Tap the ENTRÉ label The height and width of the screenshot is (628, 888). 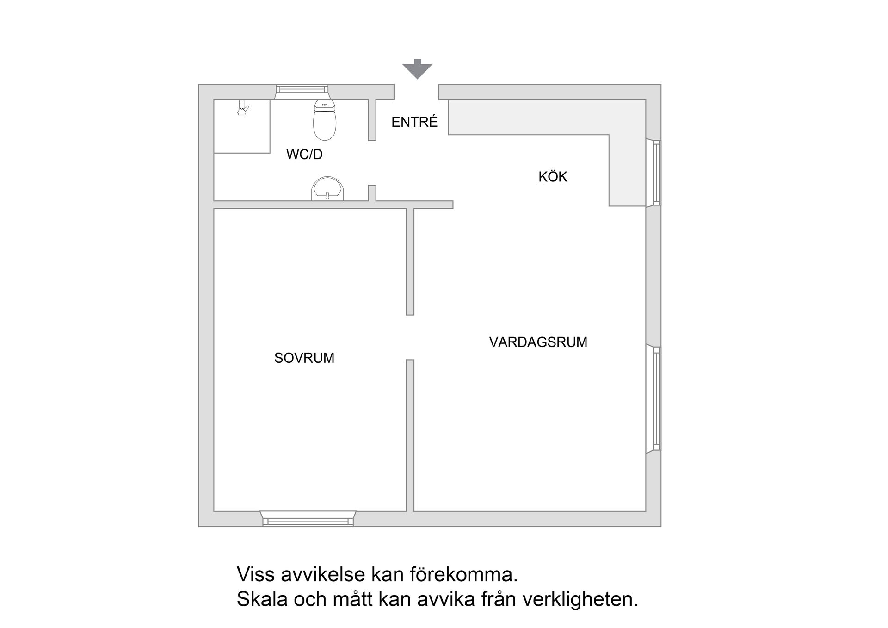pyautogui.click(x=414, y=122)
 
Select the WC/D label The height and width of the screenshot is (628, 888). pyautogui.click(x=304, y=155)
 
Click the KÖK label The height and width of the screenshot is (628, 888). pyautogui.click(x=553, y=177)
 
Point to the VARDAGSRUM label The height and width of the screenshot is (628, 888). pyautogui.click(x=538, y=342)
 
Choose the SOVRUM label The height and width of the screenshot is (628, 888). pyautogui.click(x=304, y=358)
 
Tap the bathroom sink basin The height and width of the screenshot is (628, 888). pyautogui.click(x=327, y=189)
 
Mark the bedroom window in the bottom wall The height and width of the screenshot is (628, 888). pyautogui.click(x=308, y=521)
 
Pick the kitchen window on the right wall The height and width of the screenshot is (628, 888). pyautogui.click(x=656, y=173)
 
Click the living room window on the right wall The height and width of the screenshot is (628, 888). pyautogui.click(x=656, y=398)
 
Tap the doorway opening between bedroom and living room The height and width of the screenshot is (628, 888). pyautogui.click(x=410, y=337)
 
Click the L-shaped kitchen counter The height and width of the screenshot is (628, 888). pyautogui.click(x=626, y=153)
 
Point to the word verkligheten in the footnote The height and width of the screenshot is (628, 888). pyautogui.click(x=580, y=600)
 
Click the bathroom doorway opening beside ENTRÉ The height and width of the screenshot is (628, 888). pyautogui.click(x=372, y=163)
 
